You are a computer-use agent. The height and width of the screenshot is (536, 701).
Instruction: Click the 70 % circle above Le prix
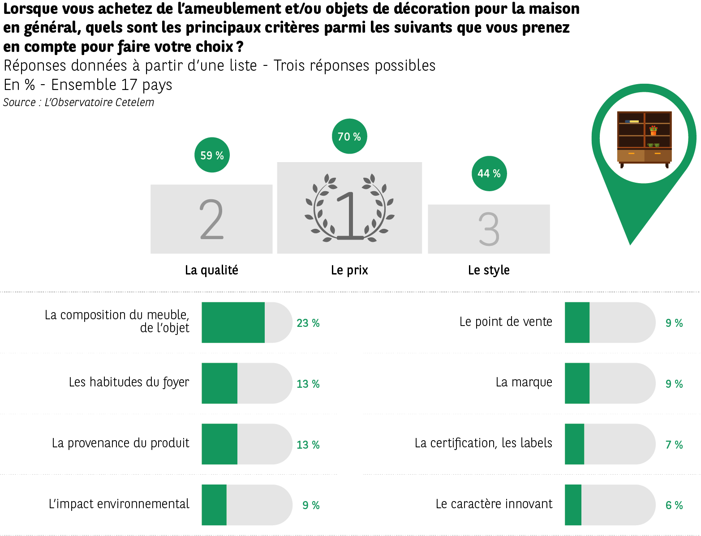coord(349,137)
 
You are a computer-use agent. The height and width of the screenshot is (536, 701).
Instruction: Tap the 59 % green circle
coord(212,155)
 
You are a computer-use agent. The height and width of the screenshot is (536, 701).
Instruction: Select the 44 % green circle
coord(489,174)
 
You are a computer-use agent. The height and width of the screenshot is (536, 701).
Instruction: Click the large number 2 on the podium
coord(211,219)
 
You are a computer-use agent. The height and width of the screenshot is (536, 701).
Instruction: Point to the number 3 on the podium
coord(489,229)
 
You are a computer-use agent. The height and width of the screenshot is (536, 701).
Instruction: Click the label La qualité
coord(211,270)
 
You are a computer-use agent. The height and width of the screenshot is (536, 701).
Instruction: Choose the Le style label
coord(489,270)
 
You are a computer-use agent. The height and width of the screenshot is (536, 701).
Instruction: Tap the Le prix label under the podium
coord(349,270)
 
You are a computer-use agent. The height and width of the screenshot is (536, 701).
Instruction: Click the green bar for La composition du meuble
coord(233,322)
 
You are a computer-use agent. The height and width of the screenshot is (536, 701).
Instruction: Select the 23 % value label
coord(308,323)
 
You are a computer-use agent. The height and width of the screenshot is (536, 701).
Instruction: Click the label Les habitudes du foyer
coord(129,382)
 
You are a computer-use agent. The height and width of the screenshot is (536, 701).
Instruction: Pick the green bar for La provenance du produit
coord(219,444)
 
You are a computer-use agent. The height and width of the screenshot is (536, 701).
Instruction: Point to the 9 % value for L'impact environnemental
coord(311,505)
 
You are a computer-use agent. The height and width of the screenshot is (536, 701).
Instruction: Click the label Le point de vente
coord(506,322)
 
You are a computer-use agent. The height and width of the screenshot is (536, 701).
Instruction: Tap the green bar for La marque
coord(577,383)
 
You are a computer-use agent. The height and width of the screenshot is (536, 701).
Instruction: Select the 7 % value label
coord(674,445)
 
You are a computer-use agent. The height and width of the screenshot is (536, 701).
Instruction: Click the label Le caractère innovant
coord(494,504)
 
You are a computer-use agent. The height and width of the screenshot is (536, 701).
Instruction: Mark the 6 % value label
coord(674,505)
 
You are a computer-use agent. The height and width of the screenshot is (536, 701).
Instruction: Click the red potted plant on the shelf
coord(654,130)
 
